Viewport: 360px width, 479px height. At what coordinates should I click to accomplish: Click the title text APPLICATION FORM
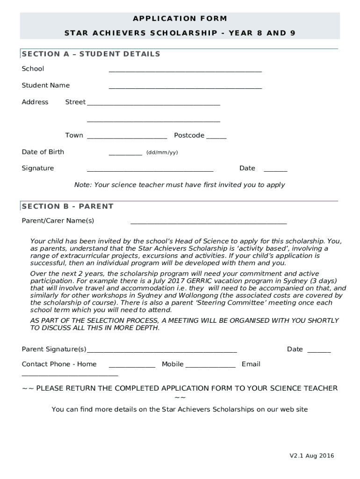click(x=180, y=19)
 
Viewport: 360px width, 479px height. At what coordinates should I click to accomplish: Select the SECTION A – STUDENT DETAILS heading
click(x=91, y=54)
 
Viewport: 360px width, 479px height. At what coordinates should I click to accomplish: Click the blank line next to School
click(x=185, y=70)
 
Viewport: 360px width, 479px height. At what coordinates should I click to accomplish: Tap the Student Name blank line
click(x=185, y=87)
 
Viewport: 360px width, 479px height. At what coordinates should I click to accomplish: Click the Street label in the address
click(x=75, y=102)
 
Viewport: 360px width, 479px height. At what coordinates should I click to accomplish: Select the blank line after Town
click(x=127, y=137)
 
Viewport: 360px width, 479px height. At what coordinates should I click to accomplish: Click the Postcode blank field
click(x=216, y=137)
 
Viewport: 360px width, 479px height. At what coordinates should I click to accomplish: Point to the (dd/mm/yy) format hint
click(x=162, y=152)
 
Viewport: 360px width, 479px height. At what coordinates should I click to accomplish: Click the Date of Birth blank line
click(x=125, y=153)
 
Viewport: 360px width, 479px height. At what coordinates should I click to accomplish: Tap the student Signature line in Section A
click(x=150, y=170)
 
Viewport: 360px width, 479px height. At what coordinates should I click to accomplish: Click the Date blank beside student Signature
click(x=275, y=170)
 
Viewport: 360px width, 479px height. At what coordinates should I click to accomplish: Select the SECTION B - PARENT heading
click(x=68, y=206)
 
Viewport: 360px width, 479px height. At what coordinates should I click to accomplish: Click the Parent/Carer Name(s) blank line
click(x=209, y=222)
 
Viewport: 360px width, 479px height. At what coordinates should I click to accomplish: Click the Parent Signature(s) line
click(x=162, y=351)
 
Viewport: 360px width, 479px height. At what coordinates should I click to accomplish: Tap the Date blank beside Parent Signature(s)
click(x=319, y=351)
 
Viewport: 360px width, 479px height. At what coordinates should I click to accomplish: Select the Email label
click(x=251, y=364)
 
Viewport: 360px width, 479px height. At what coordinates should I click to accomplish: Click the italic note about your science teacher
click(x=180, y=185)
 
